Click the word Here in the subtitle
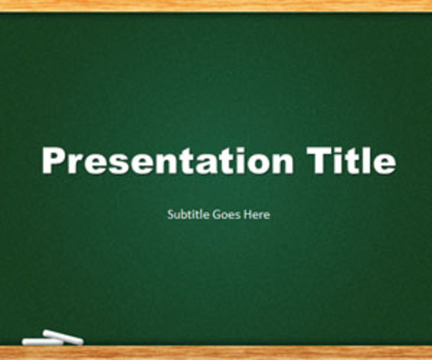tap(256, 214)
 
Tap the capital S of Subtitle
tap(170, 214)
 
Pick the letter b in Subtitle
tap(183, 214)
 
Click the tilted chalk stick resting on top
tap(64, 337)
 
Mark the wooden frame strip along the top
tap(216, 5)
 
